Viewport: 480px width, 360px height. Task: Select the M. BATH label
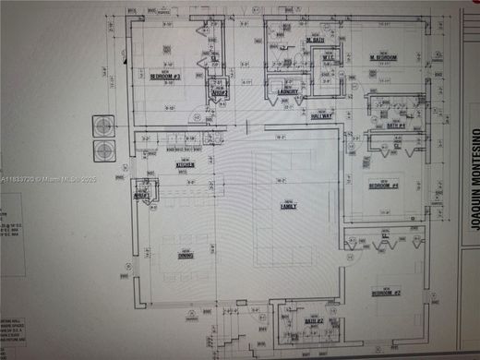pyautogui.click(x=314, y=40)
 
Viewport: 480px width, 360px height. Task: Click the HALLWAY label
pyautogui.click(x=321, y=115)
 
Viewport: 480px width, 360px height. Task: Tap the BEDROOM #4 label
pyautogui.click(x=383, y=185)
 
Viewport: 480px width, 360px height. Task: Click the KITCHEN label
pyautogui.click(x=185, y=164)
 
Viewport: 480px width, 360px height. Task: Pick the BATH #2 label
pyautogui.click(x=312, y=320)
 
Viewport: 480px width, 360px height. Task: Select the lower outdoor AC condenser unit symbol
pyautogui.click(x=102, y=150)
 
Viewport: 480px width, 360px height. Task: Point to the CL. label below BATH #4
pyautogui.click(x=397, y=145)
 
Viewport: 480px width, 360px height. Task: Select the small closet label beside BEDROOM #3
pyautogui.click(x=219, y=92)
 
